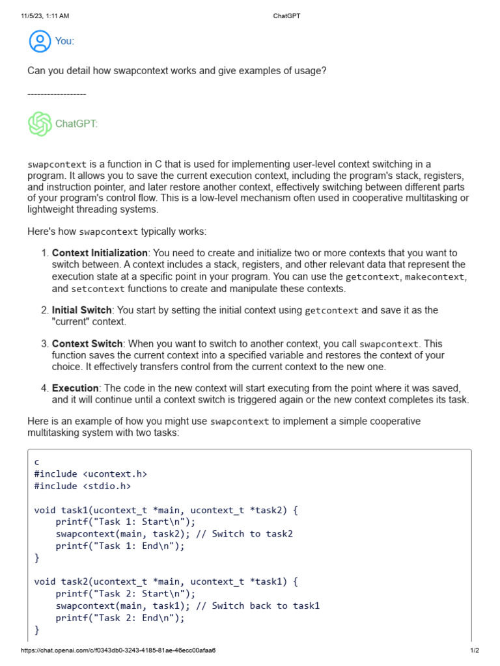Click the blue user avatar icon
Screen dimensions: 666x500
(40, 41)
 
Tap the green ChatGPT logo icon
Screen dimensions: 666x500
(40, 124)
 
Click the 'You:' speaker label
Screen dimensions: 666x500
(64, 42)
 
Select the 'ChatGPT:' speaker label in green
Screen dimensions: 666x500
(76, 124)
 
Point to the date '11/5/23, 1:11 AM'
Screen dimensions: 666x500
(45, 16)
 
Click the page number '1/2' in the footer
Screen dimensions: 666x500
(474, 650)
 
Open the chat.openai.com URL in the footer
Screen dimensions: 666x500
(118, 650)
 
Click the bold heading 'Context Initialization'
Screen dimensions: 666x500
(100, 253)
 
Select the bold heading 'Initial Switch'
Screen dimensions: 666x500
(82, 310)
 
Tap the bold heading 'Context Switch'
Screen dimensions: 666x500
(87, 343)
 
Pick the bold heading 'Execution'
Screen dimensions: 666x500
(76, 388)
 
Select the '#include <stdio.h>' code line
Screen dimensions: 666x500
(83, 486)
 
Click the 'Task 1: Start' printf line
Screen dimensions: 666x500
(125, 522)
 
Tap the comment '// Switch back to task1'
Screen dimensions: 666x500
(258, 606)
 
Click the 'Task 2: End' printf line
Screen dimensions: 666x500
(120, 618)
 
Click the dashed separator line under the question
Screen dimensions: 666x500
(57, 95)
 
